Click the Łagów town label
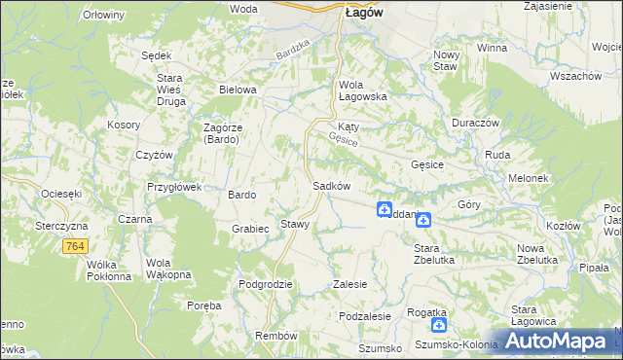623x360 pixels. pyautogui.click(x=363, y=13)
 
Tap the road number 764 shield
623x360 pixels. pyautogui.click(x=75, y=248)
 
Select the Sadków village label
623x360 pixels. pyautogui.click(x=331, y=186)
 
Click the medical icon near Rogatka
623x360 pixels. pyautogui.click(x=440, y=326)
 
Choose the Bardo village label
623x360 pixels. pyautogui.click(x=241, y=195)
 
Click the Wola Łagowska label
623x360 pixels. pyautogui.click(x=363, y=90)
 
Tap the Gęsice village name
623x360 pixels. pyautogui.click(x=427, y=164)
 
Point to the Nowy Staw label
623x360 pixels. pyautogui.click(x=446, y=60)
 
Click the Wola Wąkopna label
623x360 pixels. pyautogui.click(x=165, y=269)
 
